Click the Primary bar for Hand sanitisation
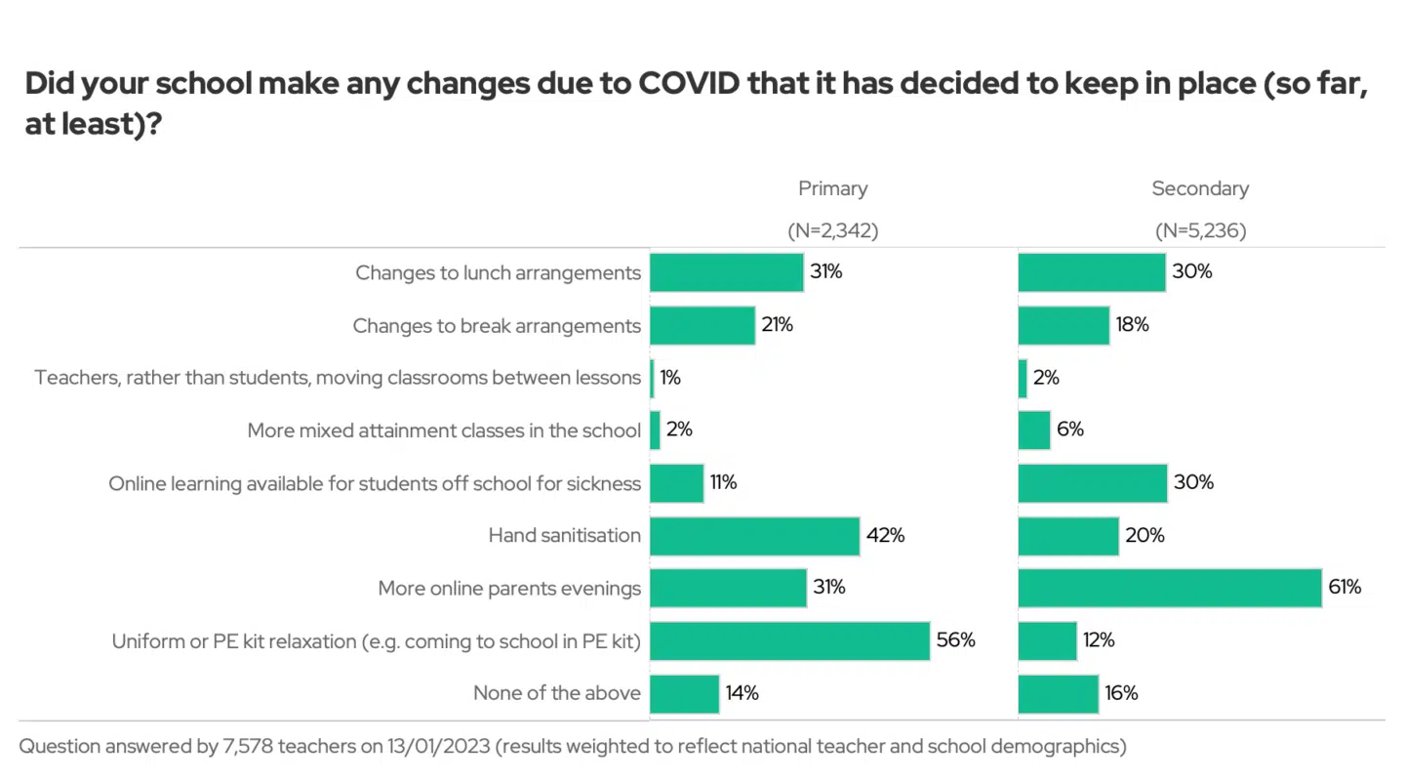tap(754, 536)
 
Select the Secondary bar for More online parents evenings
tap(1169, 588)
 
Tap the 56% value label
tap(955, 640)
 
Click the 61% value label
tap(1345, 588)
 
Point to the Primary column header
tap(832, 188)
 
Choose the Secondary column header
tap(1200, 188)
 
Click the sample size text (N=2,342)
tap(832, 231)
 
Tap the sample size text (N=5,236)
tap(1200, 231)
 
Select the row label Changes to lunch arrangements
tap(498, 273)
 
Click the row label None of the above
tap(557, 693)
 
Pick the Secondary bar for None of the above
tap(1058, 693)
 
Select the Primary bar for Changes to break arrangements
tap(702, 325)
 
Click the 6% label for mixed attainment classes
tap(1069, 430)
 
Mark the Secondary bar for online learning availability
tap(1092, 483)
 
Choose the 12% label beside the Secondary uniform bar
tap(1099, 640)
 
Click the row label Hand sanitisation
tap(564, 536)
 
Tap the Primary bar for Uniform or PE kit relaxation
tap(789, 640)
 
